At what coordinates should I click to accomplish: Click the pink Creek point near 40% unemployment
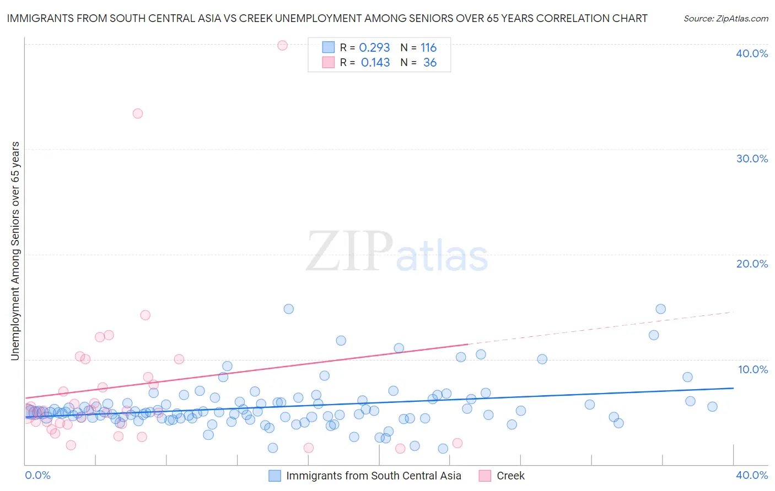[x=282, y=45]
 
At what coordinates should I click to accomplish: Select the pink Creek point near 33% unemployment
[x=138, y=113]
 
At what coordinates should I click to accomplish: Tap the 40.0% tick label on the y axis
[x=752, y=53]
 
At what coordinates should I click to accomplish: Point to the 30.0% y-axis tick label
[x=752, y=159]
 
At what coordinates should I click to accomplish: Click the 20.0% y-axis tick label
[x=752, y=264]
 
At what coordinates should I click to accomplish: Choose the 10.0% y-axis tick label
[x=753, y=369]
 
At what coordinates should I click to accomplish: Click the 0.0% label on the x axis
[x=37, y=475]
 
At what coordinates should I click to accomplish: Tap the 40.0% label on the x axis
[x=752, y=475]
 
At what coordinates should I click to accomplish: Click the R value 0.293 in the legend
[x=374, y=48]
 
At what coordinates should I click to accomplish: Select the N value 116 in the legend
[x=428, y=48]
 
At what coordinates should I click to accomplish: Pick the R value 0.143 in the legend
[x=375, y=63]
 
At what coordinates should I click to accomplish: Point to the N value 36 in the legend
[x=429, y=63]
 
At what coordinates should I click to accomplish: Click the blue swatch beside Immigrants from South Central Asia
[x=275, y=476]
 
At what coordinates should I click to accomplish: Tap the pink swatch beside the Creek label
[x=485, y=476]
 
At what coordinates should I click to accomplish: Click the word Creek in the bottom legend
[x=510, y=476]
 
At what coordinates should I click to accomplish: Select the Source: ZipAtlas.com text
[x=725, y=19]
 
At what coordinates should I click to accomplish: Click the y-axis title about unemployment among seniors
[x=15, y=251]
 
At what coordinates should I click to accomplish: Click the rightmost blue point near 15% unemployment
[x=660, y=309]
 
